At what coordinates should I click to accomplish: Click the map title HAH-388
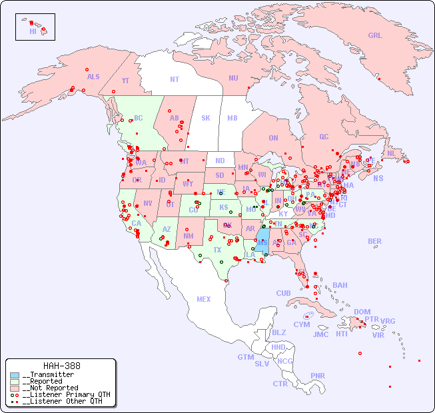pos(61,366)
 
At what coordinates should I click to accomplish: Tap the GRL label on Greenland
pos(375,36)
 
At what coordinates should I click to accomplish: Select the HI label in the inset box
pos(33,31)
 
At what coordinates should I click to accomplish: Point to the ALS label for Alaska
pos(93,77)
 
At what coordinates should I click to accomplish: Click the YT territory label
pos(125,81)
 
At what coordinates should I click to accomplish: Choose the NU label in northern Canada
pos(233,79)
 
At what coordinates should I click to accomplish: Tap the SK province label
pos(206,119)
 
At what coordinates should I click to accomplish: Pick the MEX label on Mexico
pos(203,300)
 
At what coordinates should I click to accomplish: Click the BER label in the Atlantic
pos(375,242)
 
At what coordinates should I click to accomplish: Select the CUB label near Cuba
pos(283,294)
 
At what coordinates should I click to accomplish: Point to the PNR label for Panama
pos(318,376)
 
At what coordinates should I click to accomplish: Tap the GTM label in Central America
pos(245,357)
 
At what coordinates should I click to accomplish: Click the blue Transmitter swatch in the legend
pos(15,375)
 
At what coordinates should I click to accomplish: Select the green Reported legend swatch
pos(15,382)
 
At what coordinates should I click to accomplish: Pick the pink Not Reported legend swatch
pos(15,388)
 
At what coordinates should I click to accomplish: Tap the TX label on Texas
pos(217,250)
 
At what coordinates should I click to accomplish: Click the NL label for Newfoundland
pos(391,153)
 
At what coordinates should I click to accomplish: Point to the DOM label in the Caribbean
pos(362,312)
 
